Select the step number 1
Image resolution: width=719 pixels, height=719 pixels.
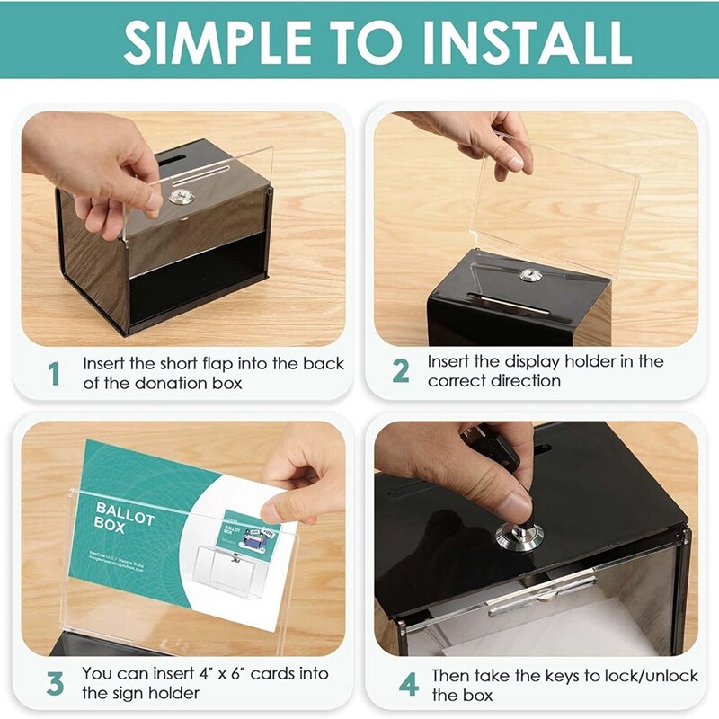tap(54, 373)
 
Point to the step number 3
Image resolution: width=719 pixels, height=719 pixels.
tap(55, 683)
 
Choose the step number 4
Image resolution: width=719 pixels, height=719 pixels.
tap(408, 685)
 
